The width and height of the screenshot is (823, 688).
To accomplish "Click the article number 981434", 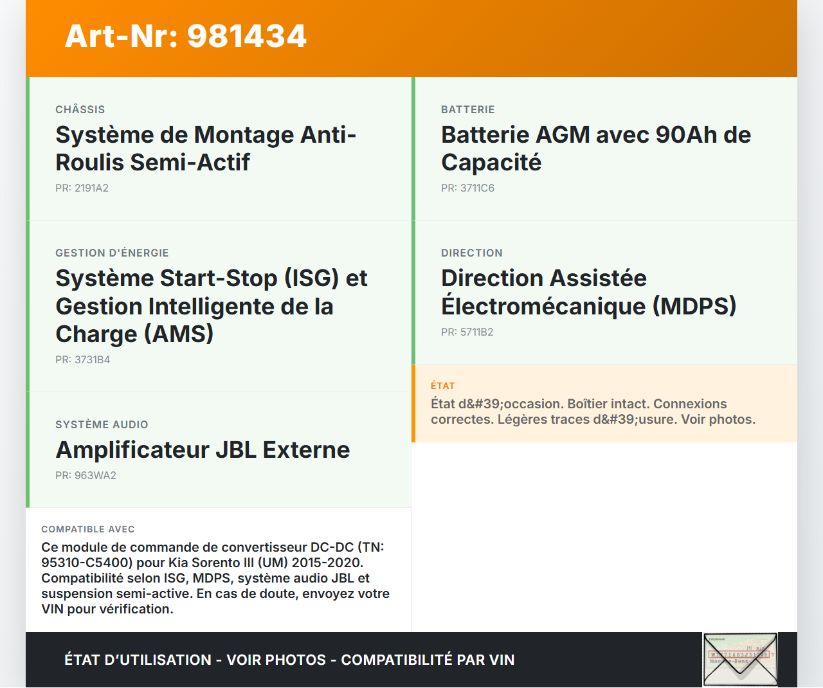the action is (247, 36).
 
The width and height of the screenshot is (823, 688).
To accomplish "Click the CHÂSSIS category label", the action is (80, 109).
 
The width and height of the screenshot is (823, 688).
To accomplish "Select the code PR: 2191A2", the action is (82, 188).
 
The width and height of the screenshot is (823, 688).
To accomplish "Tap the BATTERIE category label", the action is (468, 109).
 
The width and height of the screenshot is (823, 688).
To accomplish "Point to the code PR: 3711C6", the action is (468, 188).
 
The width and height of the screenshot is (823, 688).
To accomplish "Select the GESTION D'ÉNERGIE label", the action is (112, 253).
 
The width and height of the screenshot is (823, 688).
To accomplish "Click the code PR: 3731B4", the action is (83, 359).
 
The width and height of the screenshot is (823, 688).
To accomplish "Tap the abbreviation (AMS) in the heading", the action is (179, 334).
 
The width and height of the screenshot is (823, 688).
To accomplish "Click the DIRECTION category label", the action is (472, 253).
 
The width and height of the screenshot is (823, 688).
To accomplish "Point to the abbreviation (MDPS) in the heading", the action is (694, 306).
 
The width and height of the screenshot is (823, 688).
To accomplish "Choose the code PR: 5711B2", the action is (467, 332).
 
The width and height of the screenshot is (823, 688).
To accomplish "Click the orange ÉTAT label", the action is (442, 386).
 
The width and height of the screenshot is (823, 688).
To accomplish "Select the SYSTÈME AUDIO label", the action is (102, 424).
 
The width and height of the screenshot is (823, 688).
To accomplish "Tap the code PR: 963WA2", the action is (86, 475).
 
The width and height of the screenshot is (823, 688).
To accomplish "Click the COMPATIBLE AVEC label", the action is (88, 529).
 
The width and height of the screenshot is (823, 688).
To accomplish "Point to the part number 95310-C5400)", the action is (87, 563).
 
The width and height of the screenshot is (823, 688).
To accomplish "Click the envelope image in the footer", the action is (740, 659).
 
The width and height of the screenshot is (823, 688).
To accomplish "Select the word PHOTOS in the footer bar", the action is (296, 660).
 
